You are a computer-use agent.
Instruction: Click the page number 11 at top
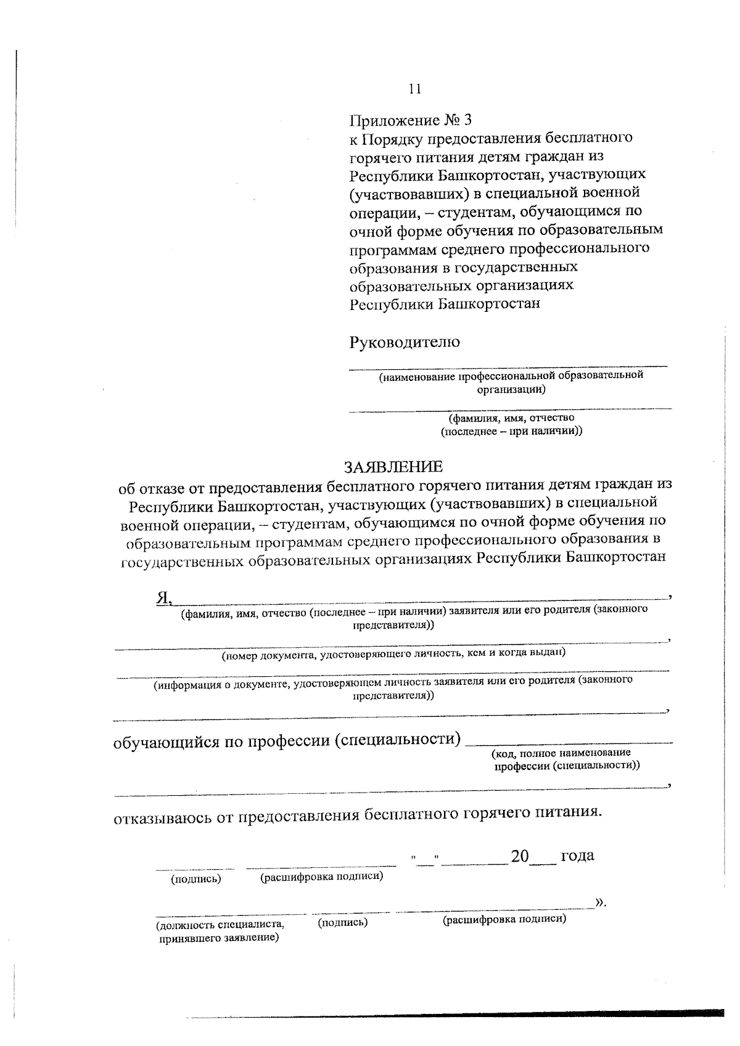pos(414,89)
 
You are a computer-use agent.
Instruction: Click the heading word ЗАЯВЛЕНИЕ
pos(393,467)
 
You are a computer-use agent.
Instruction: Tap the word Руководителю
pos(405,342)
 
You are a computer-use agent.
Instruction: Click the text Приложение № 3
pos(411,119)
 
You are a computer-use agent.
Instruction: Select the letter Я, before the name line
pos(163,596)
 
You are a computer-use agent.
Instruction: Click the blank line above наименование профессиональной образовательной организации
pos(509,367)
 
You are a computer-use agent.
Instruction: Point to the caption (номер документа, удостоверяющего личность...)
pos(393,655)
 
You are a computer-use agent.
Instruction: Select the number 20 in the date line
pos(520,856)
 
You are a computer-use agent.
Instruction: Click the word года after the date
pos(577,856)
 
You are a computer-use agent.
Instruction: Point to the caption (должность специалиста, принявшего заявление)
pos(220,931)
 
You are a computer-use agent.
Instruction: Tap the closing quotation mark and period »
pos(601,903)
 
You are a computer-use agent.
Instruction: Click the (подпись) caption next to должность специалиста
pos(342,922)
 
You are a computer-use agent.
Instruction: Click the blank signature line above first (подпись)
pos(194,868)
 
